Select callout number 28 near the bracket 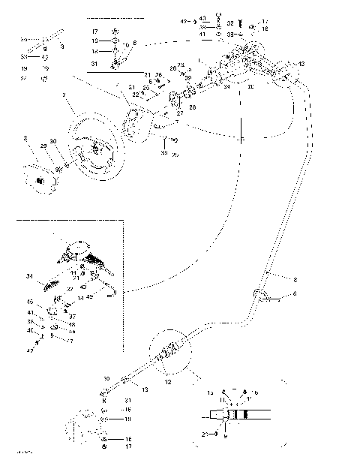(x=192, y=108)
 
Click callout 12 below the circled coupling (x=167, y=382)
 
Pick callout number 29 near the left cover (x=43, y=144)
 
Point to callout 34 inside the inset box (x=29, y=277)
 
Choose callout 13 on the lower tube (x=145, y=391)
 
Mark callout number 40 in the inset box (x=30, y=330)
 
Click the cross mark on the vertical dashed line (x=242, y=139)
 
